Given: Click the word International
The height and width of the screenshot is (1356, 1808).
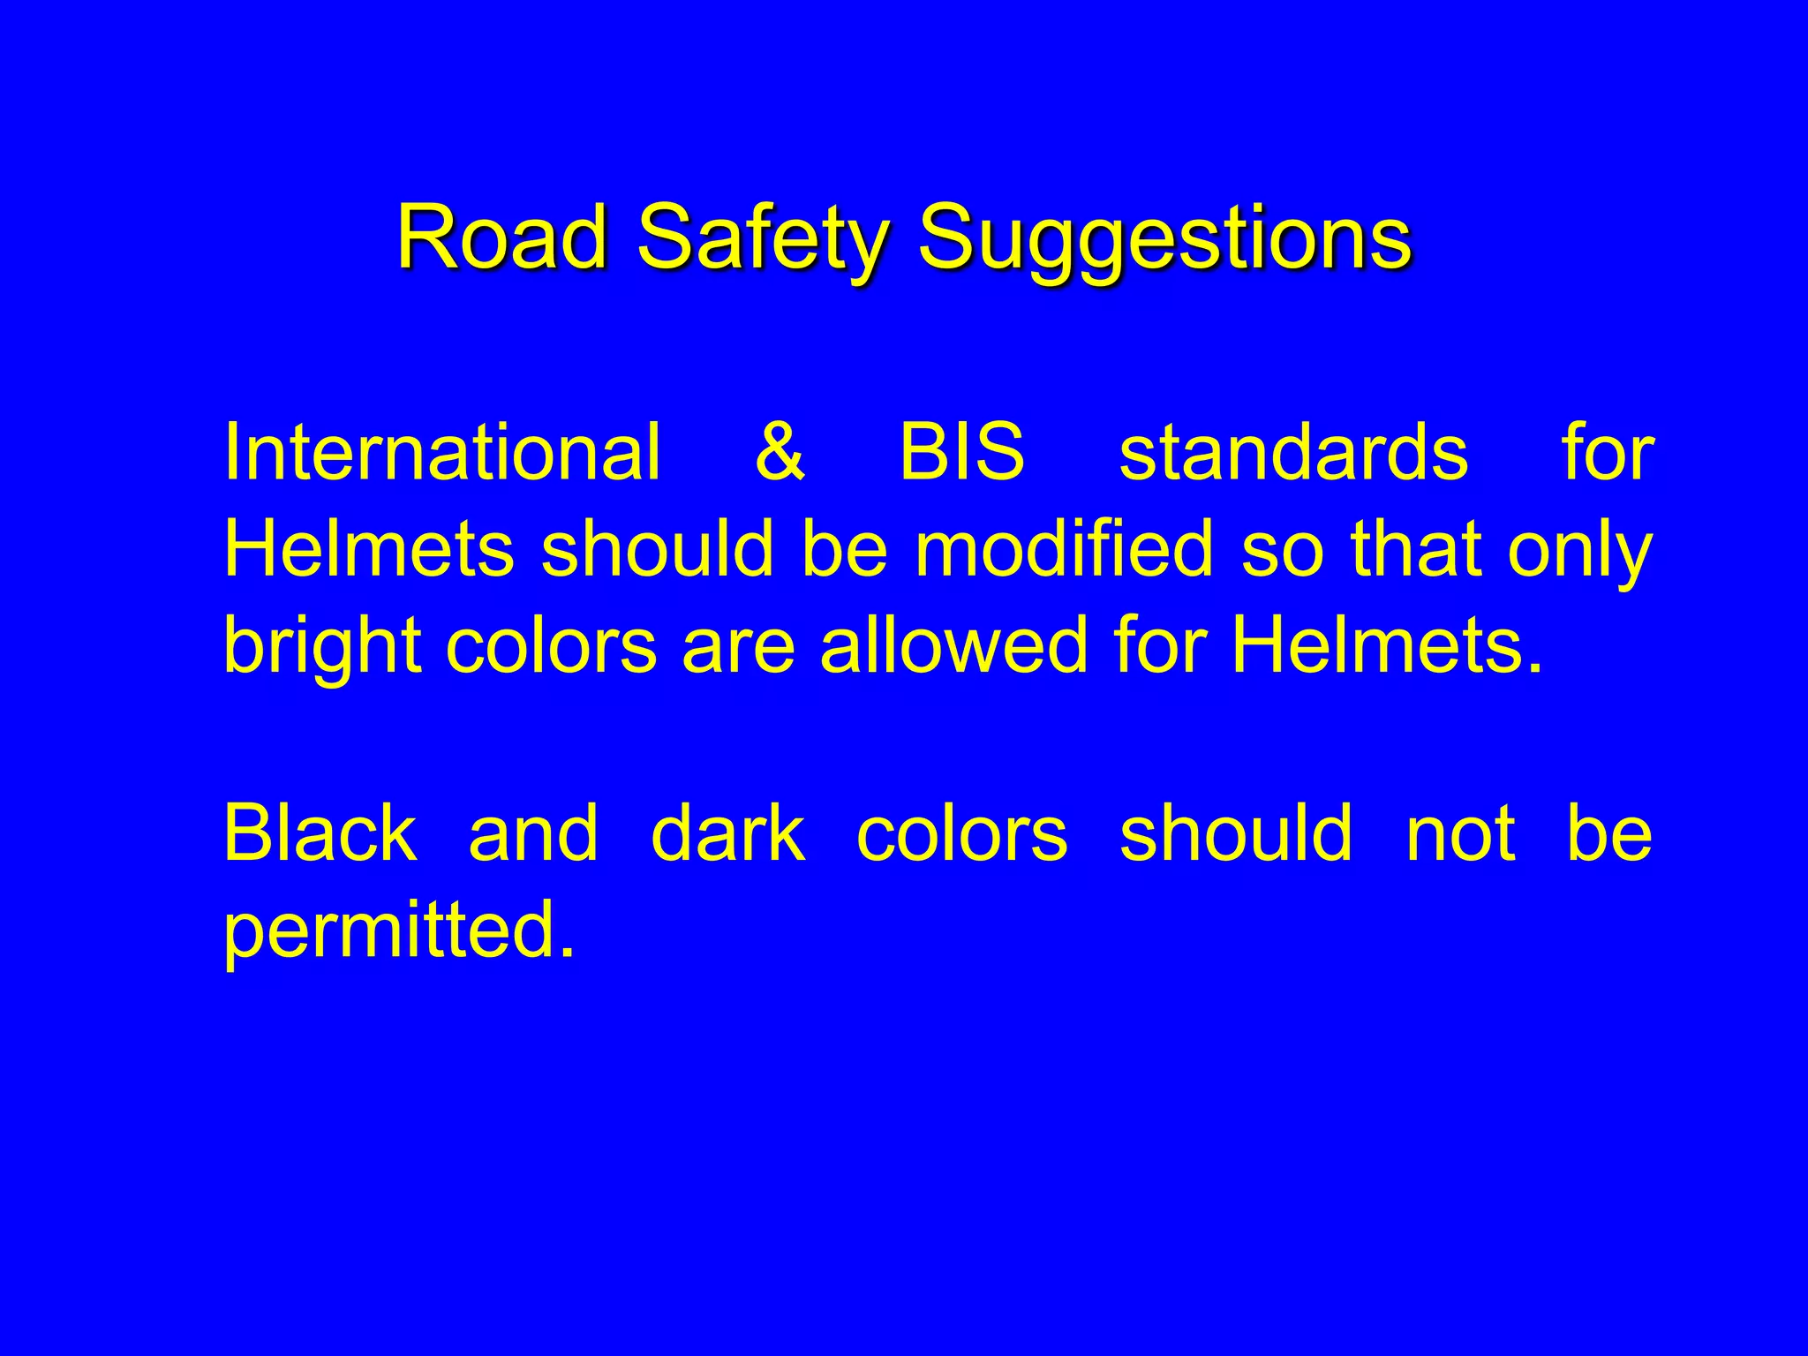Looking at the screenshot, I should pos(441,453).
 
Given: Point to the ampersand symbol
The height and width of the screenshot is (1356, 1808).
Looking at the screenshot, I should pos(780,453).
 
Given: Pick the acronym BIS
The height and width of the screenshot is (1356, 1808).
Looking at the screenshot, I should pos(962,453).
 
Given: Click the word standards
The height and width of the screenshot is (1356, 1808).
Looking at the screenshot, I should pos(1293,453).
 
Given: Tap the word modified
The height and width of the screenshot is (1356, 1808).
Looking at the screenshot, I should pos(1064,549).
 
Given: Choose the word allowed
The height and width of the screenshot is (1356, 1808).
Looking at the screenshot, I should pos(953,644).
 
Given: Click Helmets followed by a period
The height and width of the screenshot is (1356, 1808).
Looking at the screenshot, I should pos(1386,644).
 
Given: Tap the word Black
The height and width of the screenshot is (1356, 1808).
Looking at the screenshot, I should pos(320,833).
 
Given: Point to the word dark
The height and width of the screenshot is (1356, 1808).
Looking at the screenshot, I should pos(727,833).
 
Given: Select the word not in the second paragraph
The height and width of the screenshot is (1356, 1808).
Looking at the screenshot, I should pos(1461,834).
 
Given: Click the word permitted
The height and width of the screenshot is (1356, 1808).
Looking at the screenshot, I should pos(399,930).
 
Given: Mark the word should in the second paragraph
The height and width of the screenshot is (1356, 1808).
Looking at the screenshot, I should pos(1236,833).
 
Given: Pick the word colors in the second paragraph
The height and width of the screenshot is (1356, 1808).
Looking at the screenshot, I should pos(962,835).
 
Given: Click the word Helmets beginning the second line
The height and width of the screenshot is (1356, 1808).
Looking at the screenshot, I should pos(369,549).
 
